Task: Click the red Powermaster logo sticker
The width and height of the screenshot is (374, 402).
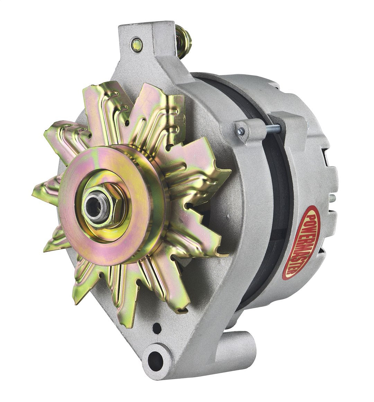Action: (301, 242)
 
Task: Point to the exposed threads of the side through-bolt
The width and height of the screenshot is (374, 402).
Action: (271, 129)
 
